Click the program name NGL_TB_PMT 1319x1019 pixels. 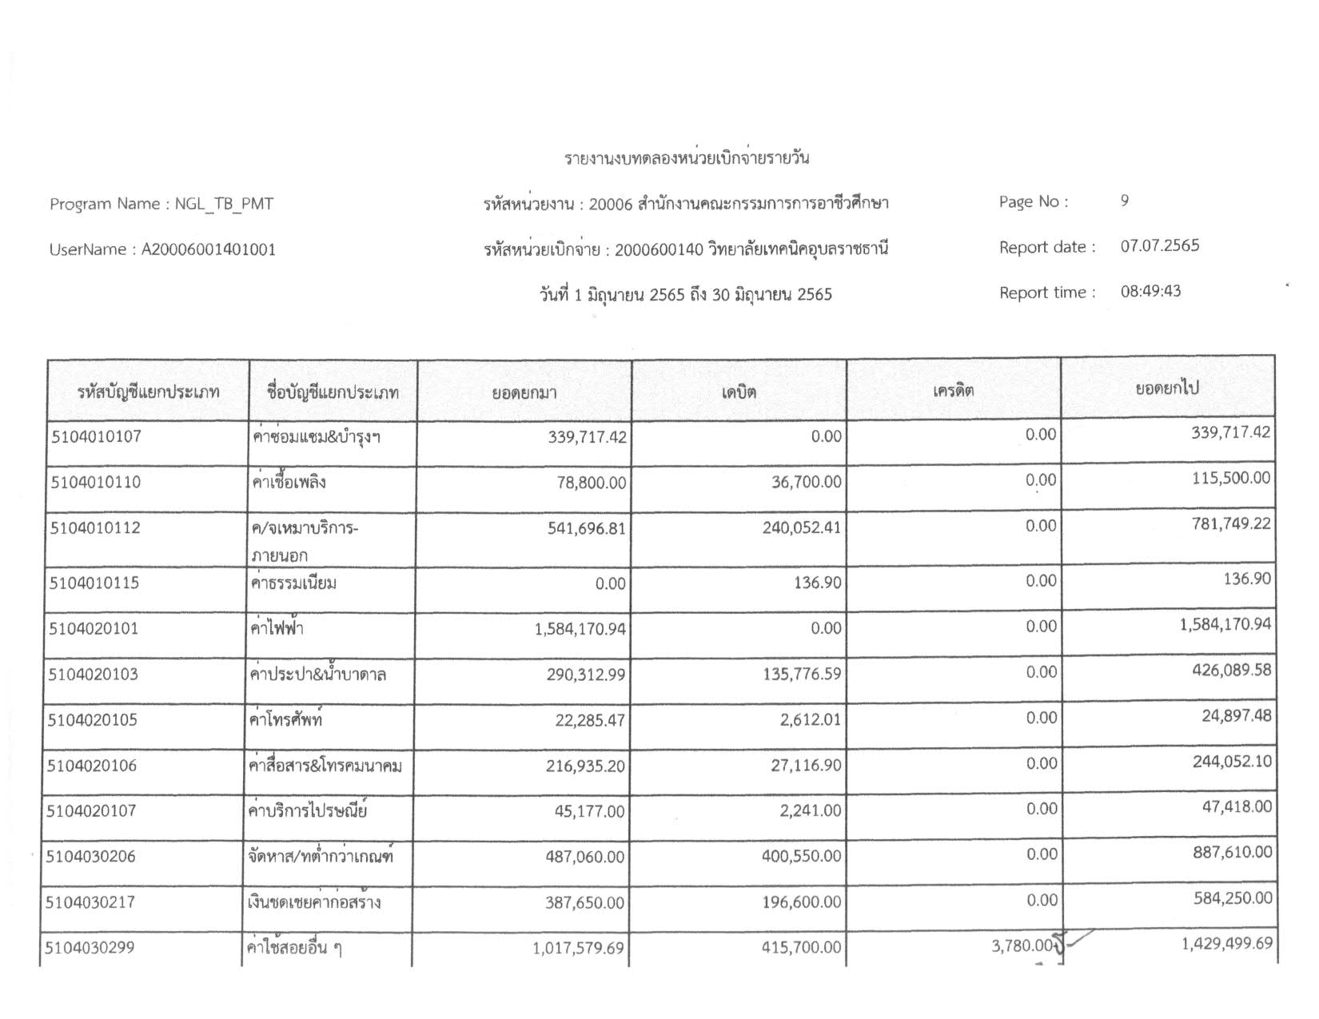point(224,204)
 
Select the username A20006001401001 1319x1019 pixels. point(209,249)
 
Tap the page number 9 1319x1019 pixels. point(1125,201)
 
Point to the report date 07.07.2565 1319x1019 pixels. point(1159,246)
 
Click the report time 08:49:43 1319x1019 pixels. point(1150,291)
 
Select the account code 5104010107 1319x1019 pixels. point(96,437)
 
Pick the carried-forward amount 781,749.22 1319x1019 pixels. point(1231,524)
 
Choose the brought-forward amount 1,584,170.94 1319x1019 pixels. point(580,630)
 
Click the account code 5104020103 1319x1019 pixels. point(94,675)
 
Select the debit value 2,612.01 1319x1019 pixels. point(811,720)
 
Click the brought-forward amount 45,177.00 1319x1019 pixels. point(589,812)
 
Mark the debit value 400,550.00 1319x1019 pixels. point(801,857)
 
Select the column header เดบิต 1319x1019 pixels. point(739,392)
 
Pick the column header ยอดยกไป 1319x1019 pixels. point(1167,389)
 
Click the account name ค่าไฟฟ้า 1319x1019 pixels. point(277,629)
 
